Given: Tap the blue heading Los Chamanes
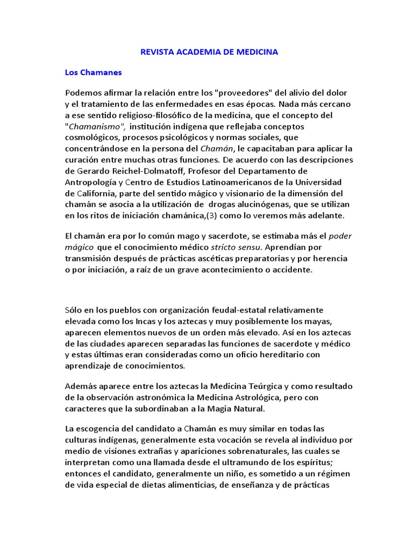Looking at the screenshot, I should click(94, 72).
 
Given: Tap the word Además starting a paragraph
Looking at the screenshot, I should click(81, 386).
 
